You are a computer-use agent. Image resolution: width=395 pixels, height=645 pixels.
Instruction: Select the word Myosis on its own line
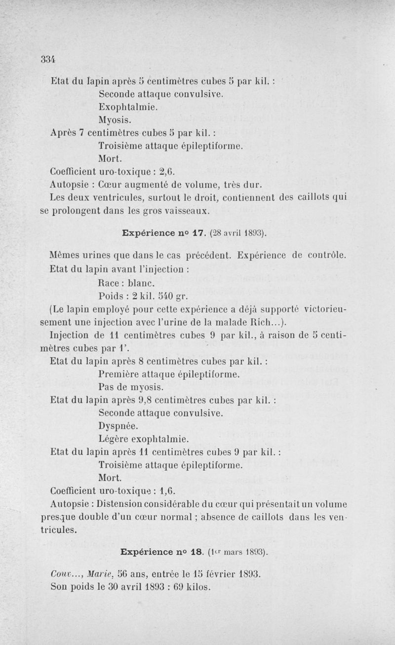[115, 119]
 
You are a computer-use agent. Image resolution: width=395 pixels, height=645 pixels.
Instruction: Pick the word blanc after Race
[142, 283]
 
